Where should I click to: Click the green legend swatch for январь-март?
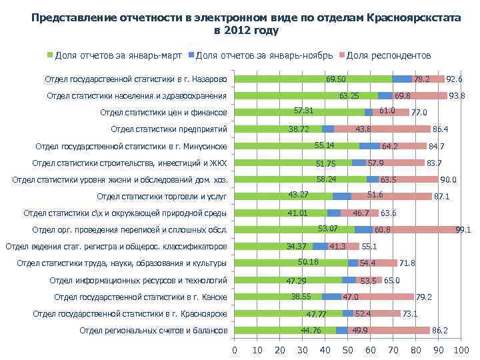[x=49, y=55]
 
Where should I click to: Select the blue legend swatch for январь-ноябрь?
[x=192, y=55]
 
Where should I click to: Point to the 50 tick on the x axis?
[x=347, y=351]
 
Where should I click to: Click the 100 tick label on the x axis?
[x=460, y=351]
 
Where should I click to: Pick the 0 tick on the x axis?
[x=234, y=351]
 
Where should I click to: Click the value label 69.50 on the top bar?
[x=335, y=79]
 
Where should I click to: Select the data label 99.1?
[x=463, y=230]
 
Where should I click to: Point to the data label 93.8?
[x=457, y=96]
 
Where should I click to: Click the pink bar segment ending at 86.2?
[x=400, y=330]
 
